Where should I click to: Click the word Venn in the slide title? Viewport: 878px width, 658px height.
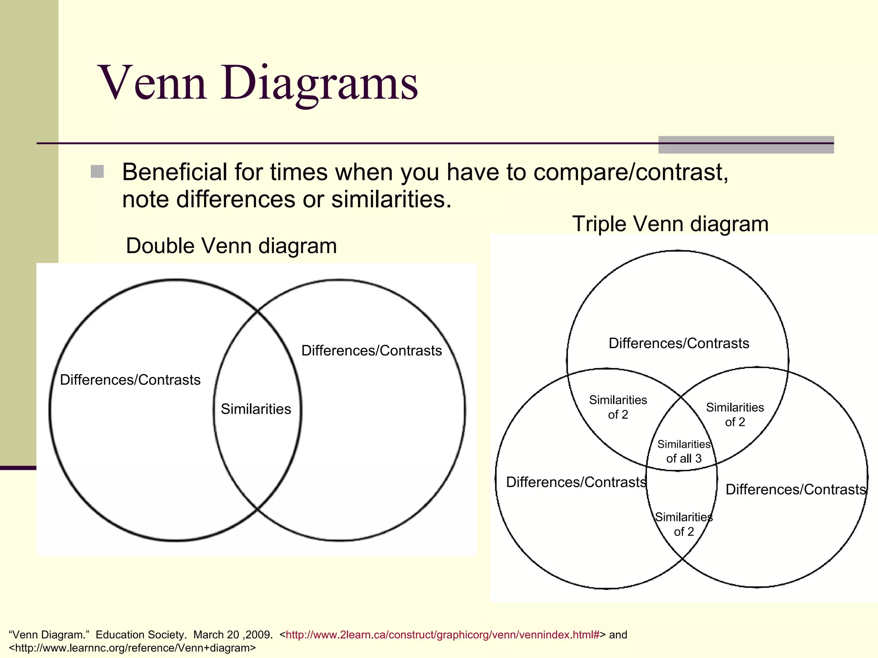(153, 84)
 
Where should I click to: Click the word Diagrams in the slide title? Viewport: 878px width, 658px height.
(319, 84)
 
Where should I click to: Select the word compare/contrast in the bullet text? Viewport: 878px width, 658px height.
(631, 172)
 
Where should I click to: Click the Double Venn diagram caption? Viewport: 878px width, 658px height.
(231, 246)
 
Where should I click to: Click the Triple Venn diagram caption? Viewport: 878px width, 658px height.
(670, 224)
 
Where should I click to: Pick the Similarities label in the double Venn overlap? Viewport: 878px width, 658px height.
(256, 409)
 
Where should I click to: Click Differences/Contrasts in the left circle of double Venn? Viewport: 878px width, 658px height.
(130, 380)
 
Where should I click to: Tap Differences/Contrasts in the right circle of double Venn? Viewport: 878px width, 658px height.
(371, 351)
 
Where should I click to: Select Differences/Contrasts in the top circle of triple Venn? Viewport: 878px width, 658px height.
(679, 344)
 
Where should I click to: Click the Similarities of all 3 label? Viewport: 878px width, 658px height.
(683, 452)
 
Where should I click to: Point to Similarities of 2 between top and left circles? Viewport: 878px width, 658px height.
(618, 407)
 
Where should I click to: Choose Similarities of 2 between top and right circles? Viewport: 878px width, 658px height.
(735, 415)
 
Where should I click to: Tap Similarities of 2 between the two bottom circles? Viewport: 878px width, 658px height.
(683, 524)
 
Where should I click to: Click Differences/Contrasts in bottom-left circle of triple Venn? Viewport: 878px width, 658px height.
(576, 482)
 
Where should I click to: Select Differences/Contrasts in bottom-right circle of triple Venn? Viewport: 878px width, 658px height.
(796, 490)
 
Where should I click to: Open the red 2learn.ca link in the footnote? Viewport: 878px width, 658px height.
(442, 635)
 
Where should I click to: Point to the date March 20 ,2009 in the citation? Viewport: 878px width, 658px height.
(233, 635)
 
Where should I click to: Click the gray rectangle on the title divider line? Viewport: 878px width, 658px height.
(746, 145)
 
